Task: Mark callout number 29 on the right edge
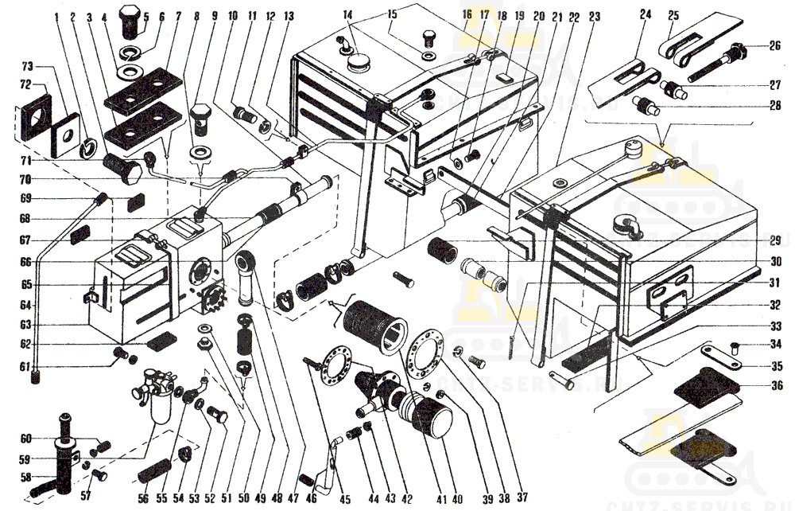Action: tap(774, 240)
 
